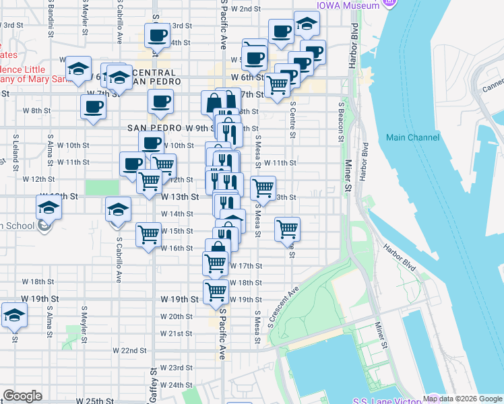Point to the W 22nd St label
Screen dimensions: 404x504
[129, 351]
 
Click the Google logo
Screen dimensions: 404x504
[22, 396]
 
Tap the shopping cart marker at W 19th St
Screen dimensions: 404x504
[216, 292]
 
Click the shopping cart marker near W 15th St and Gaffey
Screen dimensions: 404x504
[148, 235]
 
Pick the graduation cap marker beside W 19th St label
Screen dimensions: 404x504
[13, 315]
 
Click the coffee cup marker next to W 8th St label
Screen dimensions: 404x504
[93, 106]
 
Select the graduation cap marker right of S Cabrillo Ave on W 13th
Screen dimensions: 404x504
[118, 208]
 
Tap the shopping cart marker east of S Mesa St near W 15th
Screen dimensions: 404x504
[288, 229]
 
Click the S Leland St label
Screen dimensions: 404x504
[15, 151]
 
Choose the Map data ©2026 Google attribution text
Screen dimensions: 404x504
[463, 399]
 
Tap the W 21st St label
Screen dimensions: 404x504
[176, 333]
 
